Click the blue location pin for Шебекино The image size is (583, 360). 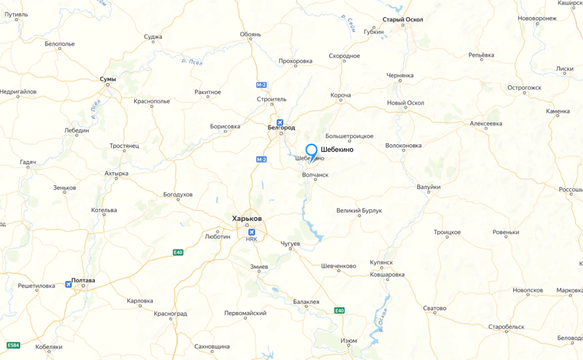[311, 150]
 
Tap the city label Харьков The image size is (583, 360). [247, 218]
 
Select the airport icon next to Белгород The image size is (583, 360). [280, 122]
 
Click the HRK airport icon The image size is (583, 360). [251, 232]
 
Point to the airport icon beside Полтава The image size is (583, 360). [68, 284]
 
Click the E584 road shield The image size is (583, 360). [13, 345]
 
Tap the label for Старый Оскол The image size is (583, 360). [403, 20]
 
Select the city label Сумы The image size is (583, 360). [108, 79]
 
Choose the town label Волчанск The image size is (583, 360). [315, 175]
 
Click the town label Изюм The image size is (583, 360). [349, 341]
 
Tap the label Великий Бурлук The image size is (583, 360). [359, 211]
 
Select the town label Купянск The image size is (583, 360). [381, 262]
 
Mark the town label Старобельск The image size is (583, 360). [506, 327]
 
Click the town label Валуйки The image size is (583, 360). [428, 187]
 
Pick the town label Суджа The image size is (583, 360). [153, 37]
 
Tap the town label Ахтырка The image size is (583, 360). [117, 173]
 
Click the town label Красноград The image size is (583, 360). [170, 314]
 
